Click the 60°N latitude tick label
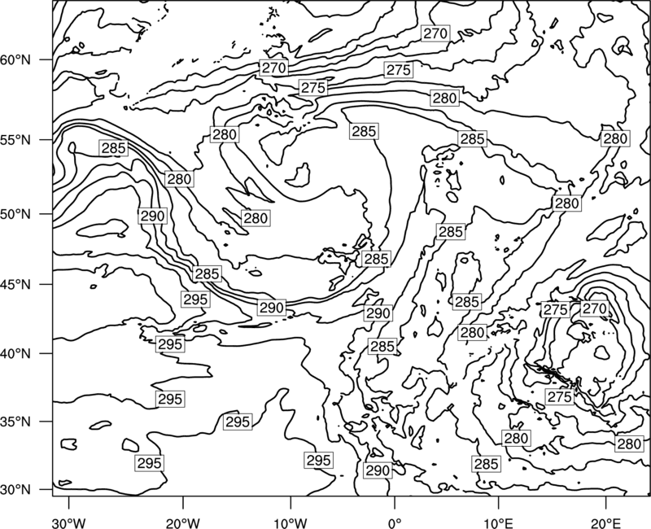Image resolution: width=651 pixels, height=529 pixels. click(15, 60)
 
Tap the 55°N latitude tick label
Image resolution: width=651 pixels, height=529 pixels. click(15, 140)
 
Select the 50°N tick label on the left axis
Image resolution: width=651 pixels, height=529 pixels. click(15, 214)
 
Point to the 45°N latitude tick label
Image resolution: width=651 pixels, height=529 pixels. click(15, 284)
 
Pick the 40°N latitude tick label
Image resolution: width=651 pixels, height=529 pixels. click(15, 354)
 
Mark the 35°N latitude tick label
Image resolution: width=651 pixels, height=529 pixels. click(15, 422)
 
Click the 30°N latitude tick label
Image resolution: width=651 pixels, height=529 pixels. click(15, 490)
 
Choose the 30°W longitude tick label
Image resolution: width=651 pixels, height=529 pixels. click(69, 522)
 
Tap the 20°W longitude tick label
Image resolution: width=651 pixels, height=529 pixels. click(182, 522)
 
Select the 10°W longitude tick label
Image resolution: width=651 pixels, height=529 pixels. click(291, 522)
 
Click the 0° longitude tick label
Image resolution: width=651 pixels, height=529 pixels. click(395, 522)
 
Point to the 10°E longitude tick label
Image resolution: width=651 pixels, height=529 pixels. click(498, 522)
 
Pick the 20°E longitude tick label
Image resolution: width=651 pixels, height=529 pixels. click(605, 522)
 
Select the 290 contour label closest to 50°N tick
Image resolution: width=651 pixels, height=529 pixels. click(152, 216)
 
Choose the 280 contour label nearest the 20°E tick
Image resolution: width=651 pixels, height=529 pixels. click(629, 444)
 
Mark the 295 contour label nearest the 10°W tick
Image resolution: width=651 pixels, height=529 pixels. click(318, 460)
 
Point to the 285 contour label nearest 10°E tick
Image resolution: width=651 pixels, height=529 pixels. click(486, 464)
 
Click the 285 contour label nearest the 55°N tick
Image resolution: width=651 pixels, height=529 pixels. click(113, 148)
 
